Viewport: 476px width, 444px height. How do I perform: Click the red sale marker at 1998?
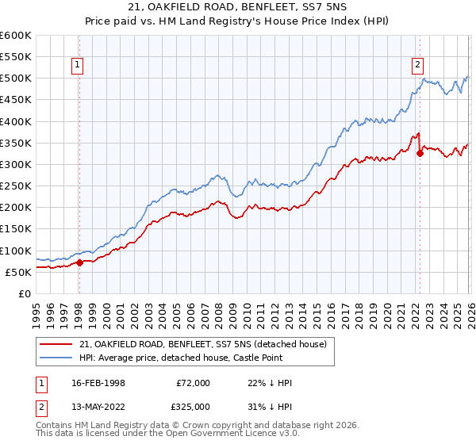tap(79, 262)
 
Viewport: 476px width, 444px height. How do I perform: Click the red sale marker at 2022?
tap(420, 154)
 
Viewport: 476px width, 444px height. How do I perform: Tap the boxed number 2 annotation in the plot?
tap(417, 66)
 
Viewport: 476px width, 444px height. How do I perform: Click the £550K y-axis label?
tap(15, 57)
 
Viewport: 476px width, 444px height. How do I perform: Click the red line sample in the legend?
tap(57, 343)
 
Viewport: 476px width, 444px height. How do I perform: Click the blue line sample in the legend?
tap(57, 358)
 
